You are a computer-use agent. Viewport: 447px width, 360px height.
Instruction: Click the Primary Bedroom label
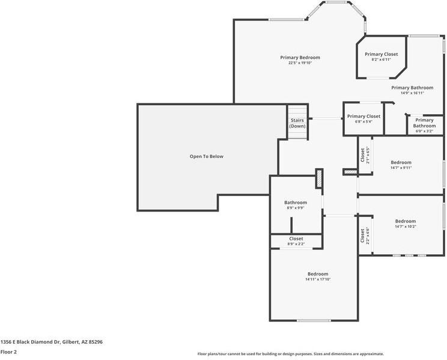[300, 57]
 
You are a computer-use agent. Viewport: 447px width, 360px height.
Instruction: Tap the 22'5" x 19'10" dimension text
[300, 63]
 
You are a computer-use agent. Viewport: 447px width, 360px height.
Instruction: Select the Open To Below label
[207, 156]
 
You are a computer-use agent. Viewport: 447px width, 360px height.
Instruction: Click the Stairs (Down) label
[297, 123]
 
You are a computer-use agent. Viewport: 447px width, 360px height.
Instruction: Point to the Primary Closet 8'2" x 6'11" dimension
[381, 59]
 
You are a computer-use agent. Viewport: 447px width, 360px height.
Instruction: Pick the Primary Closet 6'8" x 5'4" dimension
[363, 121]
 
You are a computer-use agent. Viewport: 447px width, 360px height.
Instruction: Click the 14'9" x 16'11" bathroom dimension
[412, 93]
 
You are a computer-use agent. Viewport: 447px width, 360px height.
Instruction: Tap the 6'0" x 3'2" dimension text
[424, 131]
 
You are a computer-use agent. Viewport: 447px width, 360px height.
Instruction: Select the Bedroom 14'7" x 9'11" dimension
[401, 168]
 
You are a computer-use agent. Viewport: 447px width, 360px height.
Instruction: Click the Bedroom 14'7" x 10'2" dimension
[406, 227]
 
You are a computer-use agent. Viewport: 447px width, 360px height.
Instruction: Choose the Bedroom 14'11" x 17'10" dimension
[318, 279]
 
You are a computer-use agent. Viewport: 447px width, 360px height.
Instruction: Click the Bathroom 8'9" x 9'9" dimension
[296, 208]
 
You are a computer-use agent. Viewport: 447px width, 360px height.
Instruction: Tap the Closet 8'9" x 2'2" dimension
[296, 244]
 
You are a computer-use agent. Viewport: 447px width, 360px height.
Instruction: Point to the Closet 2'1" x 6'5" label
[365, 155]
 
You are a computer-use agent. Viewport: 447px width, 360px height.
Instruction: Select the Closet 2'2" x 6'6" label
[365, 236]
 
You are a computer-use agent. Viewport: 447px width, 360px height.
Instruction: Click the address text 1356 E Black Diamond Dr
[30, 342]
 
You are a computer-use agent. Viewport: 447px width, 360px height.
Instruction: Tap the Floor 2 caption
[8, 352]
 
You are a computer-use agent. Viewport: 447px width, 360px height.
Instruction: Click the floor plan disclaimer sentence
[291, 354]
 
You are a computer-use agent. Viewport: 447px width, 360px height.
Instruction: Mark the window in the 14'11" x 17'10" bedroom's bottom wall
[314, 320]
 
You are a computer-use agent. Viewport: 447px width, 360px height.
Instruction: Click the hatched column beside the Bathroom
[319, 178]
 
